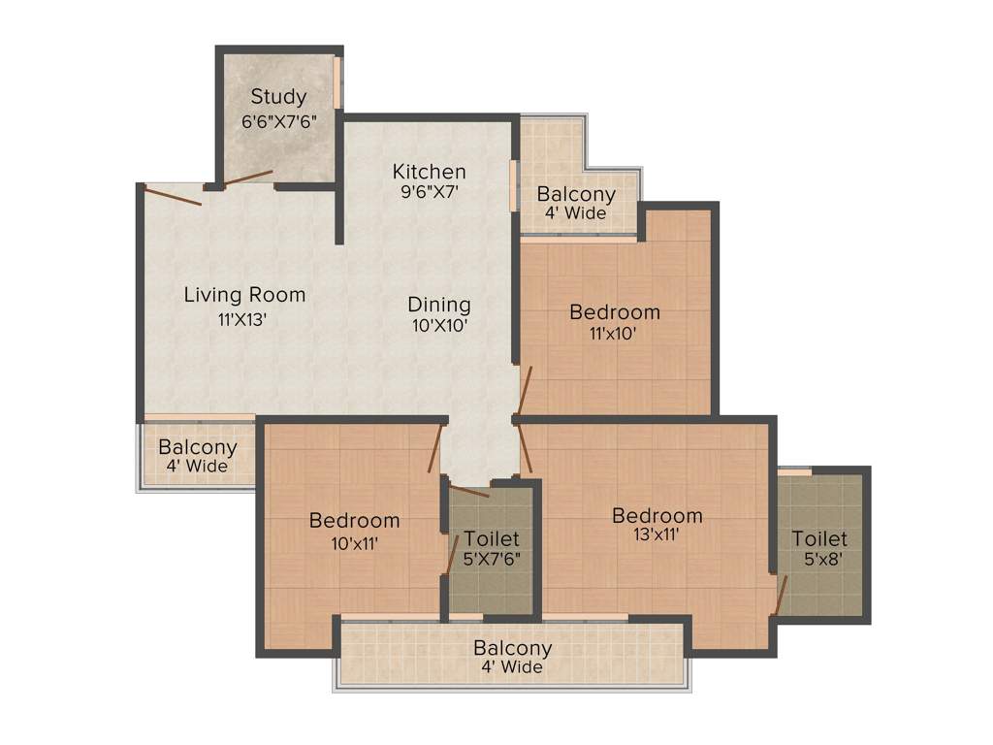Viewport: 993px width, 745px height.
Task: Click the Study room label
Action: tap(278, 97)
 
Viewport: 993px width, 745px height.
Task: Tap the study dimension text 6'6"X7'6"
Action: tap(279, 122)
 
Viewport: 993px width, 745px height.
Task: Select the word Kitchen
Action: tap(429, 172)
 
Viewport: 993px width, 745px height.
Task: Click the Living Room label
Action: tap(244, 295)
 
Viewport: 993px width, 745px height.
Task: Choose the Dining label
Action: tap(439, 305)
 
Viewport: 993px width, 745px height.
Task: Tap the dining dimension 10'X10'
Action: tap(438, 327)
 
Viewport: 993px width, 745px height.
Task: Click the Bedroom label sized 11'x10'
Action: tap(615, 312)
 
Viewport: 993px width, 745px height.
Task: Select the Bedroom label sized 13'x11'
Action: tap(657, 515)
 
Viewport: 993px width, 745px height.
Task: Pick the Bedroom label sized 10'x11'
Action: tap(354, 521)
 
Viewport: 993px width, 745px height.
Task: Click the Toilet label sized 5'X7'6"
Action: tap(491, 538)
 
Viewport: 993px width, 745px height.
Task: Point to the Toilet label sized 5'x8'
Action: tap(819, 538)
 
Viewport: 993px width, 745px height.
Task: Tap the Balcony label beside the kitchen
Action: tap(576, 194)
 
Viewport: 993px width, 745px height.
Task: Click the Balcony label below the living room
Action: tap(198, 447)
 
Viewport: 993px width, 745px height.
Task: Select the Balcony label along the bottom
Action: tap(513, 648)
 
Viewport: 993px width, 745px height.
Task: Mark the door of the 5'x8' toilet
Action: tap(781, 594)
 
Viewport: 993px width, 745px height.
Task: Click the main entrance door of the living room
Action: tap(172, 194)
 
